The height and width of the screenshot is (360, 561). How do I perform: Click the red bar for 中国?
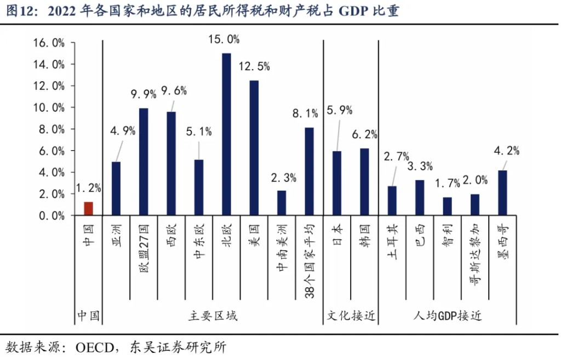pyautogui.click(x=88, y=209)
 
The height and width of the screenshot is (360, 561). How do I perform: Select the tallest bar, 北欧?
pyautogui.click(x=226, y=134)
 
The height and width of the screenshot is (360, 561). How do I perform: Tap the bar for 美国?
pyautogui.click(x=254, y=148)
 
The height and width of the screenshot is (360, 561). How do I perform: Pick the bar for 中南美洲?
pyautogui.click(x=282, y=203)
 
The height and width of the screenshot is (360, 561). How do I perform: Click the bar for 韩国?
pyautogui.click(x=364, y=182)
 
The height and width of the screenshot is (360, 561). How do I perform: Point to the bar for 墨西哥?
pyautogui.click(x=502, y=193)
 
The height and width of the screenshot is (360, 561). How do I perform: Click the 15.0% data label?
pyautogui.click(x=225, y=39)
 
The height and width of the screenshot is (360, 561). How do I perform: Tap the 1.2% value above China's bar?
pyautogui.click(x=88, y=188)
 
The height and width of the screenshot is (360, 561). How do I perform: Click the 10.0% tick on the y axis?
pyautogui.click(x=48, y=107)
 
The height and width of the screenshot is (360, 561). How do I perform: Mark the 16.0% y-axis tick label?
pyautogui.click(x=48, y=43)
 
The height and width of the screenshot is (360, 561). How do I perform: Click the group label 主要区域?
pyautogui.click(x=213, y=316)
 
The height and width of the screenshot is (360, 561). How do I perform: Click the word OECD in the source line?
pyautogui.click(x=94, y=347)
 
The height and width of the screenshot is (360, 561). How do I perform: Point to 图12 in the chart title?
pyautogui.click(x=19, y=12)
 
